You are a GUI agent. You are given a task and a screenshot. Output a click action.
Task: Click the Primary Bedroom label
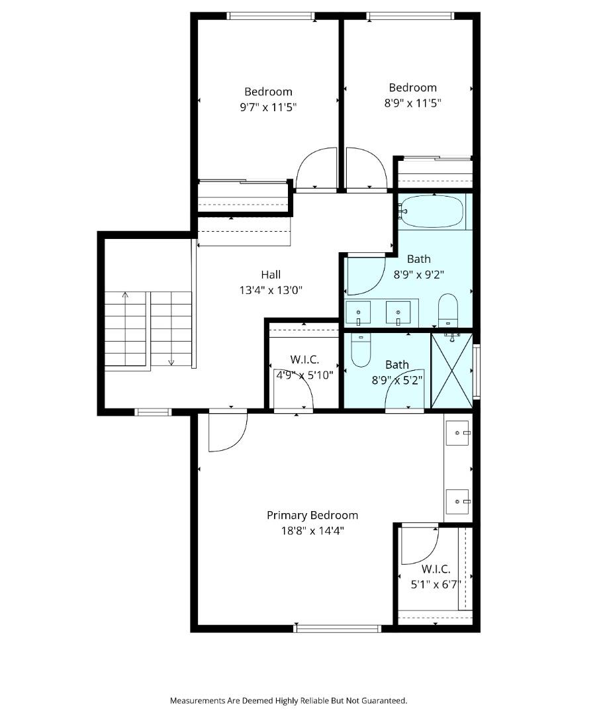tap(312, 515)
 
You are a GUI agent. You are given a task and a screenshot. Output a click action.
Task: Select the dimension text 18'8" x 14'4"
tap(312, 530)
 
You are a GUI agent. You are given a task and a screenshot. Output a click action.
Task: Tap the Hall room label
tap(270, 275)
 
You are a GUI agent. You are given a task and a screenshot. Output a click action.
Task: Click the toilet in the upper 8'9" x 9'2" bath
tap(448, 310)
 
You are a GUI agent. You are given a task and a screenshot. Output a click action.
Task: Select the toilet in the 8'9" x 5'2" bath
tap(361, 350)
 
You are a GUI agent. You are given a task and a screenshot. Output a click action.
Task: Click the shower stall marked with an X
tap(452, 371)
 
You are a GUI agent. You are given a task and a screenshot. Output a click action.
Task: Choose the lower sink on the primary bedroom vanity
tap(458, 502)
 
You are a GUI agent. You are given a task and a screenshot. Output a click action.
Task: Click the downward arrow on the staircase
tap(171, 361)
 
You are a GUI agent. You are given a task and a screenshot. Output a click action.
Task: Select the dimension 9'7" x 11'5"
tap(268, 107)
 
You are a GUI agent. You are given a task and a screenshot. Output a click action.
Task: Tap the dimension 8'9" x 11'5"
tap(412, 103)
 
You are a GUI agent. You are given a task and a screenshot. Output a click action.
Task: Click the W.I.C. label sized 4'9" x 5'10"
tap(304, 359)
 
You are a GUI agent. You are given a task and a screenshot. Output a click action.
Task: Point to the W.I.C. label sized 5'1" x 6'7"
tap(436, 569)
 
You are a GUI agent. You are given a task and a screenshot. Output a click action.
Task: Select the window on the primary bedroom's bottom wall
tap(338, 628)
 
